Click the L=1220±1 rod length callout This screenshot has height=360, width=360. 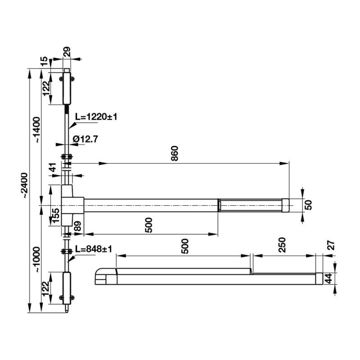[96, 117]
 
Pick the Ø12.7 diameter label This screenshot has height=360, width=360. [85, 139]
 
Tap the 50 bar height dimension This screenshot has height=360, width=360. [308, 205]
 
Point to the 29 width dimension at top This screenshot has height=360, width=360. [67, 52]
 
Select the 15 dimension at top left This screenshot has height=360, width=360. [44, 62]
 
